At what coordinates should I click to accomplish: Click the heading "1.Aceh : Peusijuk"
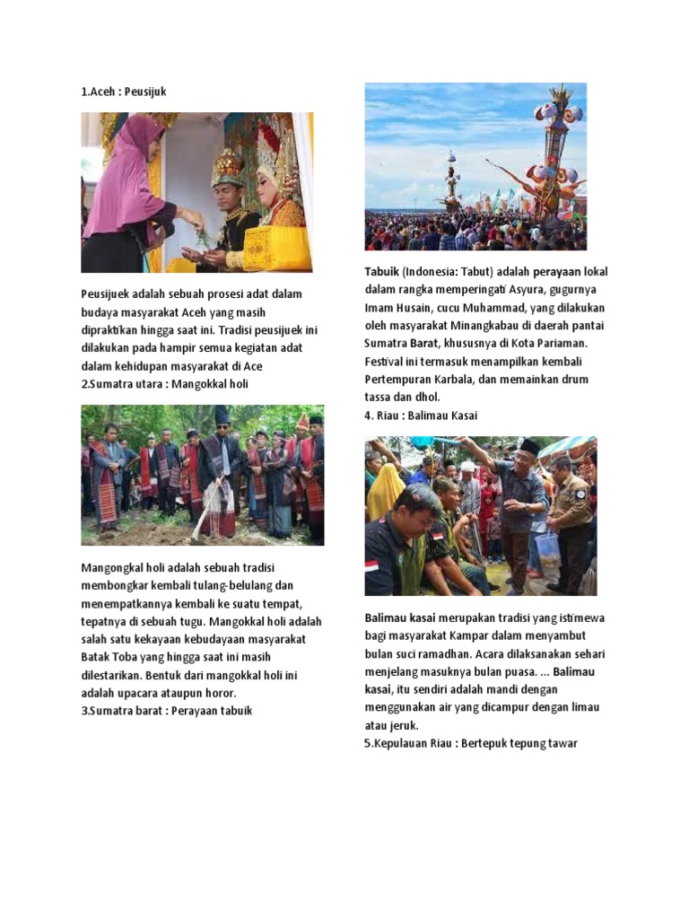[x=124, y=92]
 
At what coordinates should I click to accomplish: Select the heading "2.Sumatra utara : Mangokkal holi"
[x=164, y=384]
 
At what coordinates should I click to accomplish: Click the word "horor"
[x=221, y=693]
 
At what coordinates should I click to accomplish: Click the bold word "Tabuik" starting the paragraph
[x=381, y=271]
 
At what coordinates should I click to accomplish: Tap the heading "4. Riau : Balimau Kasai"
[x=421, y=416]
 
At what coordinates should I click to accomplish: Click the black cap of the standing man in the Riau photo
[x=529, y=446]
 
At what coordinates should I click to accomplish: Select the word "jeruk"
[x=402, y=725]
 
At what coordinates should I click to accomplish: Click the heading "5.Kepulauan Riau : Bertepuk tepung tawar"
[x=471, y=743]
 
